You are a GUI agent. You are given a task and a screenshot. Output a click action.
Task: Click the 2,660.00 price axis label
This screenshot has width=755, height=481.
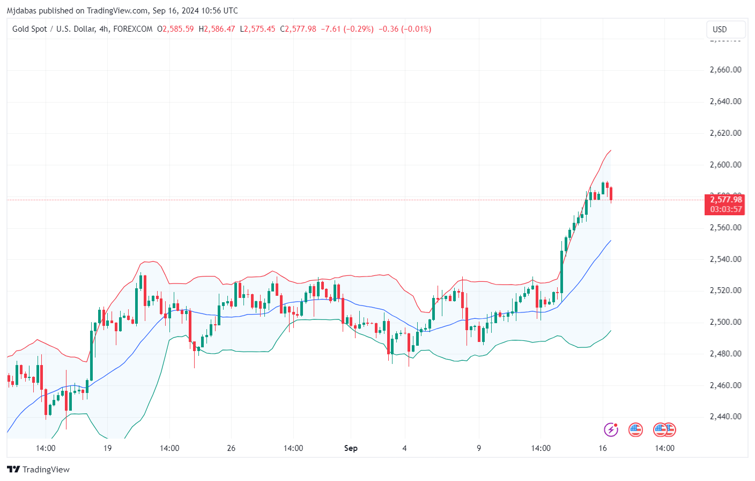pyautogui.click(x=725, y=70)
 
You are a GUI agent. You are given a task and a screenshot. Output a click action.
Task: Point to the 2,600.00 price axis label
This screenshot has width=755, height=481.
pyautogui.click(x=725, y=165)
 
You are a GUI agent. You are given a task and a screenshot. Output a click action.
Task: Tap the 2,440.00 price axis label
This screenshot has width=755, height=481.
pyautogui.click(x=725, y=417)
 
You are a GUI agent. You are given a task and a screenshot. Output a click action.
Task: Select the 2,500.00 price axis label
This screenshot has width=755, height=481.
pyautogui.click(x=725, y=322)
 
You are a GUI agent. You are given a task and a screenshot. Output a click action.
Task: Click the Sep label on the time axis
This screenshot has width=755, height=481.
pyautogui.click(x=351, y=448)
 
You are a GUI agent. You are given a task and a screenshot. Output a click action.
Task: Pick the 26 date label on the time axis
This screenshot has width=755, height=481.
pyautogui.click(x=231, y=448)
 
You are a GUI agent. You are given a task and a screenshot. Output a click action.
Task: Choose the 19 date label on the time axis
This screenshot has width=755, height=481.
pyautogui.click(x=107, y=448)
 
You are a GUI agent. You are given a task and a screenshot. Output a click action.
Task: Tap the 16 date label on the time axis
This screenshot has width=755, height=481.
pyautogui.click(x=602, y=448)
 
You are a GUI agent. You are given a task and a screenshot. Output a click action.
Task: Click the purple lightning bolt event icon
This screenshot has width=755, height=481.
pyautogui.click(x=611, y=429)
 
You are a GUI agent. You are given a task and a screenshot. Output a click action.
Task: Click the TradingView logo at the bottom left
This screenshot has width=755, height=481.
pyautogui.click(x=39, y=469)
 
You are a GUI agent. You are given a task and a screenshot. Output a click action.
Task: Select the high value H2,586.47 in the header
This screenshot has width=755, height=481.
pyautogui.click(x=217, y=29)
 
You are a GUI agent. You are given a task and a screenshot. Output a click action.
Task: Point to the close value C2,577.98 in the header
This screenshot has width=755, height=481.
pyautogui.click(x=298, y=29)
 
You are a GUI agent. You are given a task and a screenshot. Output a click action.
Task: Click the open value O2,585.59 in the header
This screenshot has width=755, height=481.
pyautogui.click(x=175, y=29)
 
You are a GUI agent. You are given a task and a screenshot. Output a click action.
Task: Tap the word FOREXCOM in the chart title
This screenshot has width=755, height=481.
pyautogui.click(x=133, y=29)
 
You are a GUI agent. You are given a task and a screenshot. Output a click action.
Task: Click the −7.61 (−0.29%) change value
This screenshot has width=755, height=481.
pyautogui.click(x=347, y=29)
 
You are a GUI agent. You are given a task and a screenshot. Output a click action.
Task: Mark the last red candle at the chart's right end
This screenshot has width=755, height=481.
pyautogui.click(x=611, y=193)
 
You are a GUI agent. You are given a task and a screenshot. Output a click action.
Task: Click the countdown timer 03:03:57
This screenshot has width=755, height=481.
pyautogui.click(x=726, y=209)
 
